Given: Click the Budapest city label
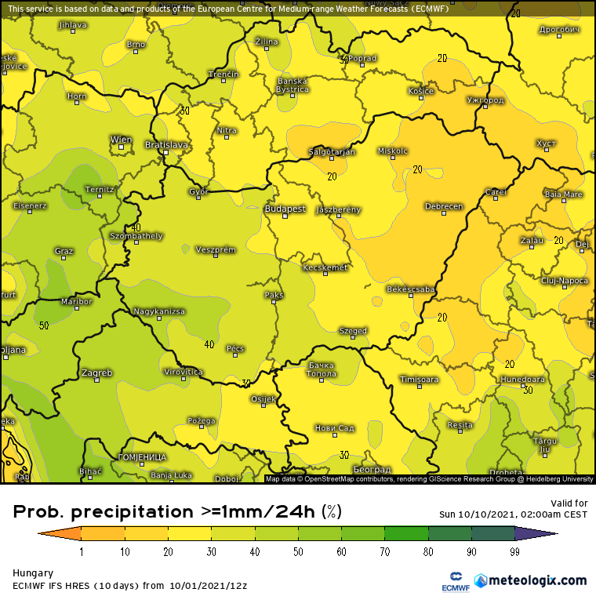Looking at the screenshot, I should point(285,209).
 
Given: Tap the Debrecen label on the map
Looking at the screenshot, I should point(443,206).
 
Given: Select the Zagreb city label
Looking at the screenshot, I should point(96,372).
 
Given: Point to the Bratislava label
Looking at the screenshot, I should point(166,144).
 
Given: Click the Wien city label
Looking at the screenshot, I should point(121,140).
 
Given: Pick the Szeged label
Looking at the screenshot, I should point(353,331).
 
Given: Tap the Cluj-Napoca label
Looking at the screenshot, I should point(564,280).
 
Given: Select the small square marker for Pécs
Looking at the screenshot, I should point(234,356).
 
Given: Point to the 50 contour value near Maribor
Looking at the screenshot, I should point(44,325).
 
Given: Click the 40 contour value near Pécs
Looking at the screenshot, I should point(209,343).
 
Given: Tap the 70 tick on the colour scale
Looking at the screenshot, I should point(384,552).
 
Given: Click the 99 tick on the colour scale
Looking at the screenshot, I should point(514,552).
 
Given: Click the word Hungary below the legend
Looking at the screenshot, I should point(33,573).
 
